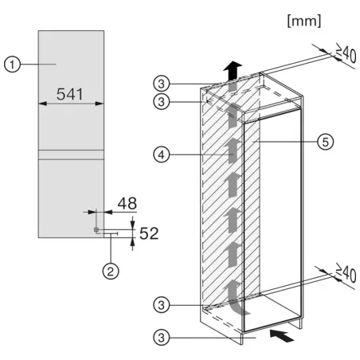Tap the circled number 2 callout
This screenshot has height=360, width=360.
pos(112,272)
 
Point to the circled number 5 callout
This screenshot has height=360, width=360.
pos(323,141)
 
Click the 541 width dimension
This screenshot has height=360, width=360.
pos(71,95)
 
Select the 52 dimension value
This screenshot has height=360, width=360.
pos(149,233)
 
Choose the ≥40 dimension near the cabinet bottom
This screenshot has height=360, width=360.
pos(345,276)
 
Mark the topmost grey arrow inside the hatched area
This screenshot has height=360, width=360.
pos(232,119)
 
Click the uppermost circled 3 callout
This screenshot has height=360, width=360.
pos(162,83)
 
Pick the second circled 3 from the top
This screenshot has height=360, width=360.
pos(162,101)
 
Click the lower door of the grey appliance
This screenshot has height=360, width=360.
pos(71,195)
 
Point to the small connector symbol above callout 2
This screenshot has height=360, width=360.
pos(97,230)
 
